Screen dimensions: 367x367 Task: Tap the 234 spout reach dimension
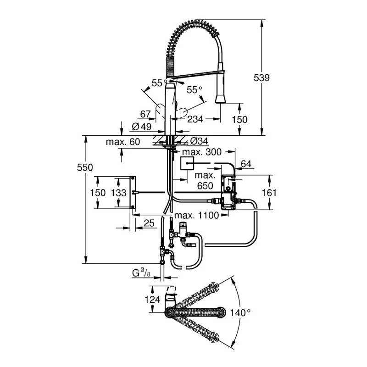(195, 119)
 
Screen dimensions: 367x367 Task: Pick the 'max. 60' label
(122, 142)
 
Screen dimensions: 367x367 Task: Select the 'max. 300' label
(202, 152)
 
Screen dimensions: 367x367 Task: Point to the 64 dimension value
(246, 164)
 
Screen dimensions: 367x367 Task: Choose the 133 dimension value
(119, 193)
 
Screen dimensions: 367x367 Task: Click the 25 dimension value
(149, 223)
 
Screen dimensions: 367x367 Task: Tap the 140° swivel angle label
(241, 312)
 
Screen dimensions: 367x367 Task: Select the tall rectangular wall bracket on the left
(133, 193)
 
